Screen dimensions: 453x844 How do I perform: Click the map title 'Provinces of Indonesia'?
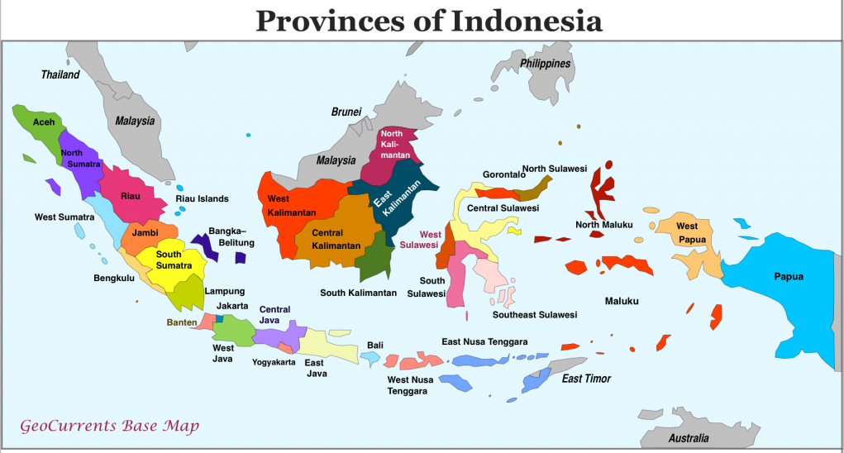[x=428, y=20]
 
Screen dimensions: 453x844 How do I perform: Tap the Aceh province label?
[x=44, y=122]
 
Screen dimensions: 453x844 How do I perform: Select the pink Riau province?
[x=131, y=196]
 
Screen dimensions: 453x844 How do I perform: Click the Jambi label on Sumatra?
[x=145, y=233]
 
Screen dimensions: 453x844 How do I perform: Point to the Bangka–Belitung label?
[x=231, y=236]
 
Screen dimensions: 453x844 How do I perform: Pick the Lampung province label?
[x=224, y=291]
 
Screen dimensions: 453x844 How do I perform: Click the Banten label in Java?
[x=181, y=322]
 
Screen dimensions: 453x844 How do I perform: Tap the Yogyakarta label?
[x=274, y=362]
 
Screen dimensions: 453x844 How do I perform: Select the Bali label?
[x=375, y=345]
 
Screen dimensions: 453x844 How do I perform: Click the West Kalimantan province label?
[x=289, y=206]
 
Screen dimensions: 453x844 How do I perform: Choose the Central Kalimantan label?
[x=336, y=239]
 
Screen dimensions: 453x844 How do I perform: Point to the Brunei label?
[x=346, y=112]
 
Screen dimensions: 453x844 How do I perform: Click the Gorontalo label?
[x=504, y=174]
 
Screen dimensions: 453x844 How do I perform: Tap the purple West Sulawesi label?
[x=419, y=240]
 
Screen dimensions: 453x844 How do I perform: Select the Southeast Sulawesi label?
[x=535, y=315]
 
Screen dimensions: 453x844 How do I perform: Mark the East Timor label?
[x=586, y=379]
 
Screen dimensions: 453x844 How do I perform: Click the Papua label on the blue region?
[x=788, y=276]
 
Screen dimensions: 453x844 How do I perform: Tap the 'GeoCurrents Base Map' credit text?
[x=109, y=427]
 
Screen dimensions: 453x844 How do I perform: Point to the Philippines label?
[x=545, y=64]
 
